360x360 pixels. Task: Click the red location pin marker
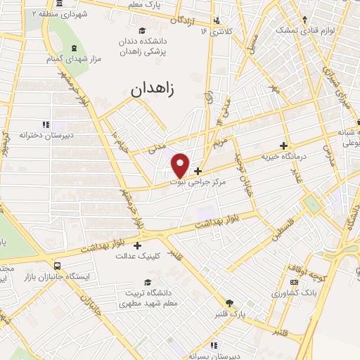pyautogui.click(x=181, y=164)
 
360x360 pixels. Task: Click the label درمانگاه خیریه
pyautogui.click(x=282, y=157)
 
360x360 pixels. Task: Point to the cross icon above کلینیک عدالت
pyautogui.click(x=137, y=246)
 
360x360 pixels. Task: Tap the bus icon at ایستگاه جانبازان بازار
pyautogui.click(x=58, y=266)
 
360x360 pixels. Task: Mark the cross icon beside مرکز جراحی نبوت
pyautogui.click(x=198, y=171)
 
